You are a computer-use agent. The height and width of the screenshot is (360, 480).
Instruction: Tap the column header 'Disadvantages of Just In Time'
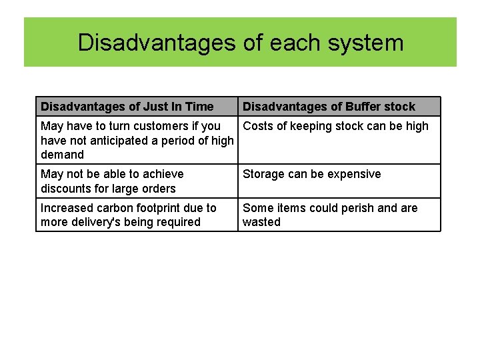(x=127, y=107)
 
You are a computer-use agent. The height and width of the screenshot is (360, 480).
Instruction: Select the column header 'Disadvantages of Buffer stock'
(x=329, y=107)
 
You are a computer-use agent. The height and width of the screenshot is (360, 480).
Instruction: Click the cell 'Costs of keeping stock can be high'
(x=335, y=126)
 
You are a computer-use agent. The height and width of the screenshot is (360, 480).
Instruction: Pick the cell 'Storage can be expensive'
(x=312, y=174)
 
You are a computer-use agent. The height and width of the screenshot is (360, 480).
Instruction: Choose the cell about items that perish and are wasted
(x=330, y=215)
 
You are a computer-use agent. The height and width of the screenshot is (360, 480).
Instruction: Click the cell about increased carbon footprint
(x=129, y=215)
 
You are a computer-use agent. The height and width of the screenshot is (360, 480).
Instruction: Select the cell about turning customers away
(x=137, y=140)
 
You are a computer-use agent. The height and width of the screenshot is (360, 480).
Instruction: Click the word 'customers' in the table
(x=167, y=126)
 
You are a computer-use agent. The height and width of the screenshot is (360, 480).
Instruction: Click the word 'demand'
(x=63, y=155)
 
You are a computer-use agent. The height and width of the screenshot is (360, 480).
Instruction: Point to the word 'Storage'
(x=265, y=174)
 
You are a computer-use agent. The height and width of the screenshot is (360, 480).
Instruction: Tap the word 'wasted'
(x=261, y=222)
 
